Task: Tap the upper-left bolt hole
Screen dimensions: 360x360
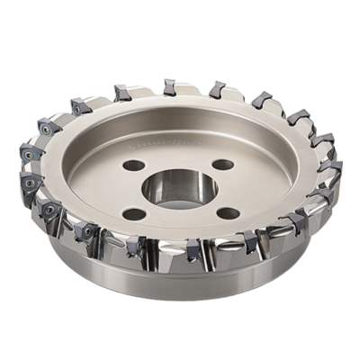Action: tap(134, 166)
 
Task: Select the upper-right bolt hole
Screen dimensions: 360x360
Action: tap(222, 165)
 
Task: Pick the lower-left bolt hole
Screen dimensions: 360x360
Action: tap(134, 213)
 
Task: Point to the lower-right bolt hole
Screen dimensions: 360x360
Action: tap(229, 213)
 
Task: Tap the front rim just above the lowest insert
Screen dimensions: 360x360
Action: tap(184, 236)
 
